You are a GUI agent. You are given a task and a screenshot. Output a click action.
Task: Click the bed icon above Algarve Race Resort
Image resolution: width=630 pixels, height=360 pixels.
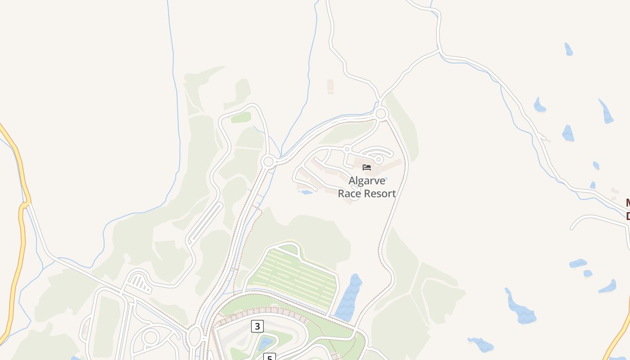367,167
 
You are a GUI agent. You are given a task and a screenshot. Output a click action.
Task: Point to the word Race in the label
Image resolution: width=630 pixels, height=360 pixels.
347,193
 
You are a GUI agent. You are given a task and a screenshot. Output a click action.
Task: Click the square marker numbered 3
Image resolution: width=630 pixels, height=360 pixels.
257,326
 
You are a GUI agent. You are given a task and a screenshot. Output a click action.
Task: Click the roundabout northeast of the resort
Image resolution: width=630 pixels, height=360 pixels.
381,113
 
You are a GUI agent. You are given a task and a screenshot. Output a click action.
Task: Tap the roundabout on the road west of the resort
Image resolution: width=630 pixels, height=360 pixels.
269,162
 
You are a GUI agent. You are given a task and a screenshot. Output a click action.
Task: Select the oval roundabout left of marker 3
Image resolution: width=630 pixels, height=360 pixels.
194,336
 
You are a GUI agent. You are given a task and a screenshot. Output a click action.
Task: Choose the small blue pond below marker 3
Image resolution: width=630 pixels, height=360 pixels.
266,343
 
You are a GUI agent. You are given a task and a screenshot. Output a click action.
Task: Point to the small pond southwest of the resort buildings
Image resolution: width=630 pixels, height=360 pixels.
306,192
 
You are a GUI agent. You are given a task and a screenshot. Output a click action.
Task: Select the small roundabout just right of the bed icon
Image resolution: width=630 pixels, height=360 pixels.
379,159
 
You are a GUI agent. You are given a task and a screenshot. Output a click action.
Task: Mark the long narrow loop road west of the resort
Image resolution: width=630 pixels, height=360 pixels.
205,223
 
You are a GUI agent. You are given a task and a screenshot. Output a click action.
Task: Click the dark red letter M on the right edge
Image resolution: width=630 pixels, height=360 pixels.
627,203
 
